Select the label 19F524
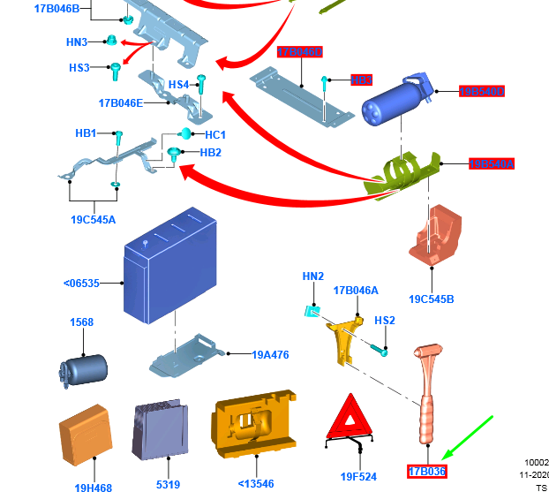coord(358,477)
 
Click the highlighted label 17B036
coord(426,472)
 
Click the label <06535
coord(82,284)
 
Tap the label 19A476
coord(270,355)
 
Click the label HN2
coord(313,276)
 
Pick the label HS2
coord(385,321)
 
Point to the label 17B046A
coord(356,291)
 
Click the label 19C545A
coord(93,220)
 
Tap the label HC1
coord(215,135)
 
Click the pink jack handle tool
coord(430,397)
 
